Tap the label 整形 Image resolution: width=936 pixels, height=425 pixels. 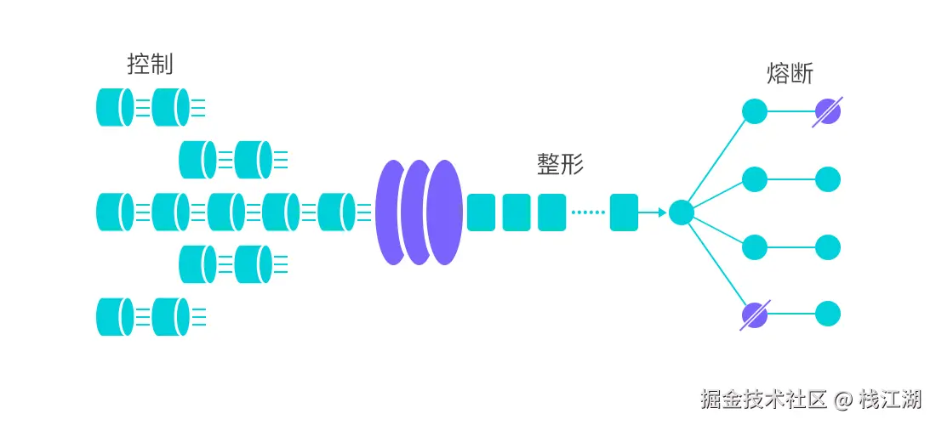560,164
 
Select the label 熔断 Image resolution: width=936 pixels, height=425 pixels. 790,74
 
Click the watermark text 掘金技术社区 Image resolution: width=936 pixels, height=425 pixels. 764,399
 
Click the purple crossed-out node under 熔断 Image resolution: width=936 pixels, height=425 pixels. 827,111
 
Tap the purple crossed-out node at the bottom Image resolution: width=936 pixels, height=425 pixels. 755,315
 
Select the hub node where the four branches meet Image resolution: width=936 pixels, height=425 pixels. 681,212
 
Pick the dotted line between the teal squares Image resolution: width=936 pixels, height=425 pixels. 587,212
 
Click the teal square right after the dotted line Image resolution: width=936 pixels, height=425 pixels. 624,212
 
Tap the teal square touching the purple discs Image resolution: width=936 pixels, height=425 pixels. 481,212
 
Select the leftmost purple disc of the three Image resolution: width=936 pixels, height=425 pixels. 392,212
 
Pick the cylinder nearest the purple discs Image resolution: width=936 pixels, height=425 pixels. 336,212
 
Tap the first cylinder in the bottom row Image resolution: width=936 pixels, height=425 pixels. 115,316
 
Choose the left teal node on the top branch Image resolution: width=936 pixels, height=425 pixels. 755,111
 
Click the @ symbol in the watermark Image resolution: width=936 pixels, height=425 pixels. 842,399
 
